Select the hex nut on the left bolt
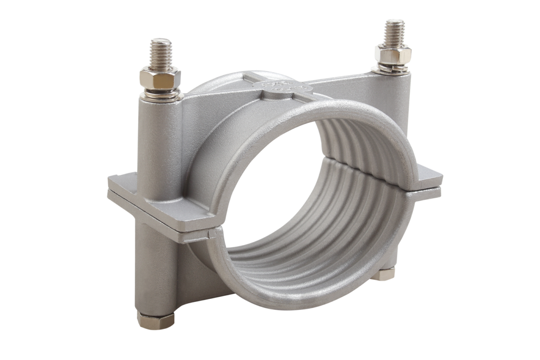tap(160, 78)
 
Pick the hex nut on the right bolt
tap(393, 54)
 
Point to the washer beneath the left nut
tap(161, 94)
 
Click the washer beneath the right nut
tap(391, 69)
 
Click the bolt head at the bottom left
tap(156, 320)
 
